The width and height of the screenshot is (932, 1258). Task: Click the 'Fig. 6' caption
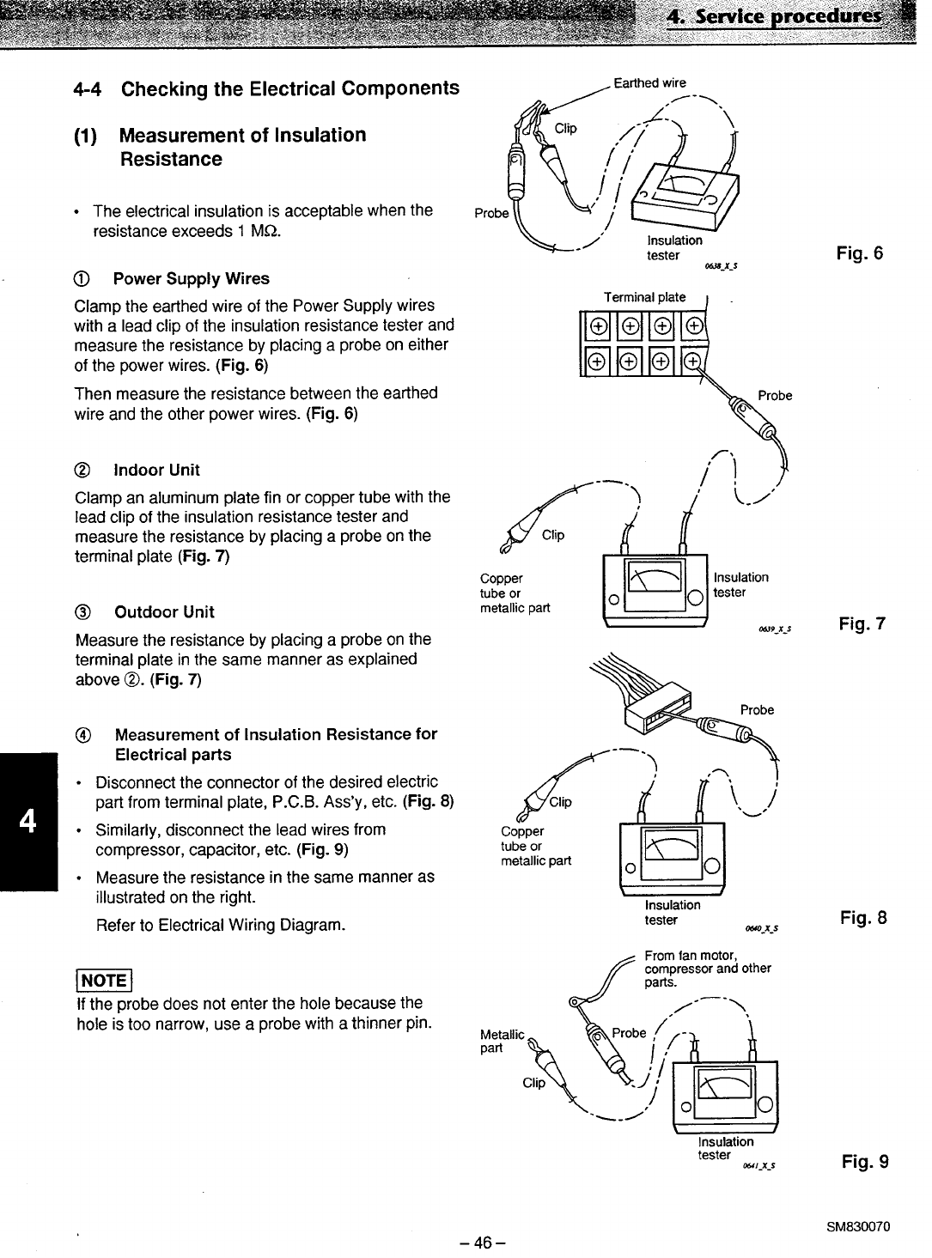point(859,253)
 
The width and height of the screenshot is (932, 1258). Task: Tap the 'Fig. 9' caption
point(864,1161)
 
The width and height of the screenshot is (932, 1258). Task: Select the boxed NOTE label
point(104,980)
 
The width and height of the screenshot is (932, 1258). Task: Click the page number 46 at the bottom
point(482,1243)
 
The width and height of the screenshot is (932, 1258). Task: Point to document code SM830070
point(857,1227)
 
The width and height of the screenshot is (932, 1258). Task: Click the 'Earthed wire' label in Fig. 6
point(649,82)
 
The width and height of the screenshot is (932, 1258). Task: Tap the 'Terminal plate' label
point(644,297)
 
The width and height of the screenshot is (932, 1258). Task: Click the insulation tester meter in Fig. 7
point(655,591)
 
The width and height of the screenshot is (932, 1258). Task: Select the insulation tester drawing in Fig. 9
point(725,1097)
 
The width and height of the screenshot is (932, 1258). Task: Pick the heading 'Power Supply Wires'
point(192,279)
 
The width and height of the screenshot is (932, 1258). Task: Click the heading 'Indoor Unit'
point(156,471)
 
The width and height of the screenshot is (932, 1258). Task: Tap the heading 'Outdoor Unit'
point(164,612)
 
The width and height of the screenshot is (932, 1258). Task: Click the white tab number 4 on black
point(27,821)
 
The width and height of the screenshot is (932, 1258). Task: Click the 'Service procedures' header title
point(788,16)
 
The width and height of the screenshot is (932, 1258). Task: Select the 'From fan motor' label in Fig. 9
point(691,955)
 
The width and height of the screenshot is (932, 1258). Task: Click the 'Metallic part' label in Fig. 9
point(502,1041)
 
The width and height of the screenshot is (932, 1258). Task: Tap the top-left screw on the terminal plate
point(598,326)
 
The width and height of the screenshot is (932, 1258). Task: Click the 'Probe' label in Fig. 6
point(491,213)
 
